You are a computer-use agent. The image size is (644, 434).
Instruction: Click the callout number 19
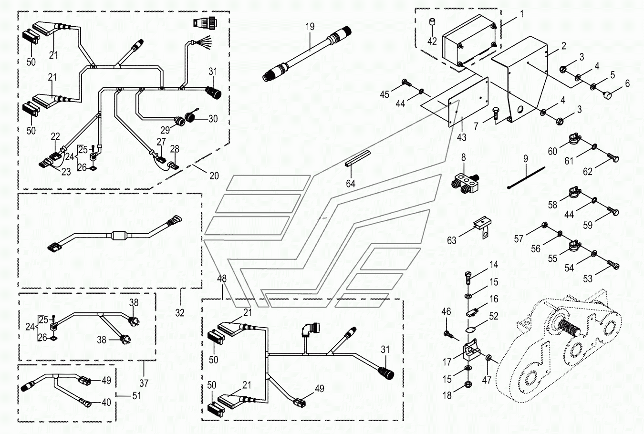pyautogui.click(x=310, y=27)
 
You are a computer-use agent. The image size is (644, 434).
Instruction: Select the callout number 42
pyautogui.click(x=432, y=41)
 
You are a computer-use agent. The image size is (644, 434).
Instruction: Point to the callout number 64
pyautogui.click(x=351, y=183)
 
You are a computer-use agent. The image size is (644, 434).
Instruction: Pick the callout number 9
pyautogui.click(x=526, y=158)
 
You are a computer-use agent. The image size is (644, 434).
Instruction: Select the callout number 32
pyautogui.click(x=180, y=313)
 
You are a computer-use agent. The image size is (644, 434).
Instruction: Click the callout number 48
pyautogui.click(x=221, y=279)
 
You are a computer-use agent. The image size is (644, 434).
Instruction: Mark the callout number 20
pyautogui.click(x=214, y=176)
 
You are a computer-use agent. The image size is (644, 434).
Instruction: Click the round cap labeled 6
pyautogui.click(x=609, y=95)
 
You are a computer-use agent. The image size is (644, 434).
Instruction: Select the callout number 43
pyautogui.click(x=462, y=137)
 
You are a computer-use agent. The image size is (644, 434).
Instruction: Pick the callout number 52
pyautogui.click(x=493, y=316)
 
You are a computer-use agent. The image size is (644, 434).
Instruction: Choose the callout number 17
pyautogui.click(x=447, y=362)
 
